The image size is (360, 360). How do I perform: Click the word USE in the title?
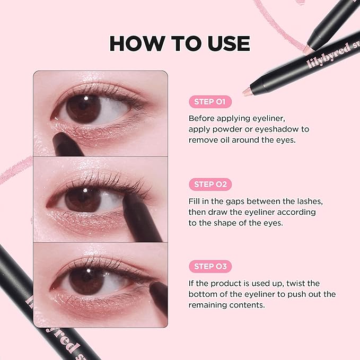[226, 43]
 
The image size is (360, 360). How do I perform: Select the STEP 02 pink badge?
[210, 185]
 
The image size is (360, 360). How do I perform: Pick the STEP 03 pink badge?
[210, 267]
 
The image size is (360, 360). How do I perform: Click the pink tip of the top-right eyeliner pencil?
[247, 92]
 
